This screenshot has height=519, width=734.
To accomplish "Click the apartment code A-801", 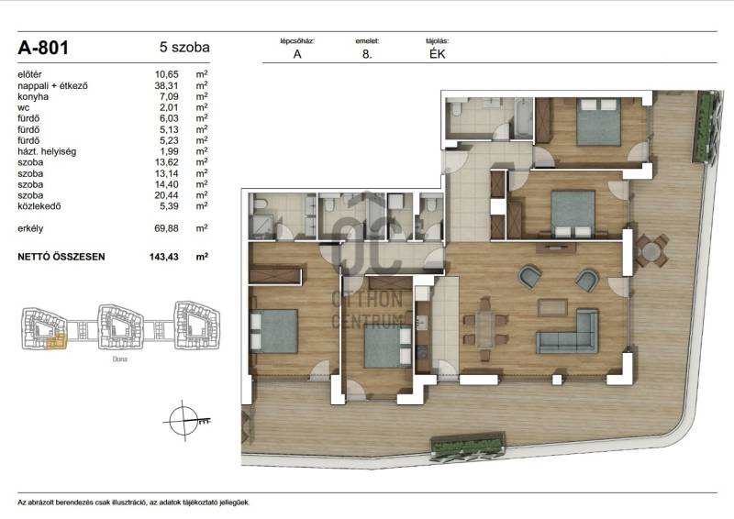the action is pyautogui.click(x=43, y=48).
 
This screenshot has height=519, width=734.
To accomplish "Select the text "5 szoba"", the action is pyautogui.click(x=184, y=48).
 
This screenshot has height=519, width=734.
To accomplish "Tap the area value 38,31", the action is pyautogui.click(x=167, y=85).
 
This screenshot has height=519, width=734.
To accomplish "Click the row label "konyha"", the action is pyautogui.click(x=33, y=96).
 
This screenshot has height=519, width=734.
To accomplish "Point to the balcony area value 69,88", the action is pyautogui.click(x=167, y=228).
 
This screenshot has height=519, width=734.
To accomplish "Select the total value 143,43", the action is pyautogui.click(x=164, y=257).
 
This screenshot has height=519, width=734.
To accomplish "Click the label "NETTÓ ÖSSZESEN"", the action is pyautogui.click(x=61, y=257).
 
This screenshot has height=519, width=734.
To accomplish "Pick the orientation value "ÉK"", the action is pyautogui.click(x=438, y=54).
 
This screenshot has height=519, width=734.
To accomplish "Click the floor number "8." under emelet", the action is pyautogui.click(x=367, y=54).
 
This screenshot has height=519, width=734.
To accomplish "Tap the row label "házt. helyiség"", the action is pyautogui.click(x=47, y=151).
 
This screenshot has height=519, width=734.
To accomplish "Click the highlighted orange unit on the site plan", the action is pyautogui.click(x=57, y=342).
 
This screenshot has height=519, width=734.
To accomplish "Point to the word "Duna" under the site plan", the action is pyautogui.click(x=120, y=359).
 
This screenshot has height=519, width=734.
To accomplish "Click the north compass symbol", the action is pyautogui.click(x=184, y=421).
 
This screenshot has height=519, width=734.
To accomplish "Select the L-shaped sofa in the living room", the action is pyautogui.click(x=567, y=331).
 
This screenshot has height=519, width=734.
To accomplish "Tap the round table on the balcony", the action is pyautogui.click(x=651, y=251).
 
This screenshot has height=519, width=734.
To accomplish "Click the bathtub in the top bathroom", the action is pyautogui.click(x=523, y=118).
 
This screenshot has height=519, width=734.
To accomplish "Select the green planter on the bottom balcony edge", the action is pyautogui.click(x=468, y=447).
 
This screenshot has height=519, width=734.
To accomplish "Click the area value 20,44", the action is pyautogui.click(x=167, y=195).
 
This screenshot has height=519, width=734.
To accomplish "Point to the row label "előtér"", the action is pyautogui.click(x=29, y=74).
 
